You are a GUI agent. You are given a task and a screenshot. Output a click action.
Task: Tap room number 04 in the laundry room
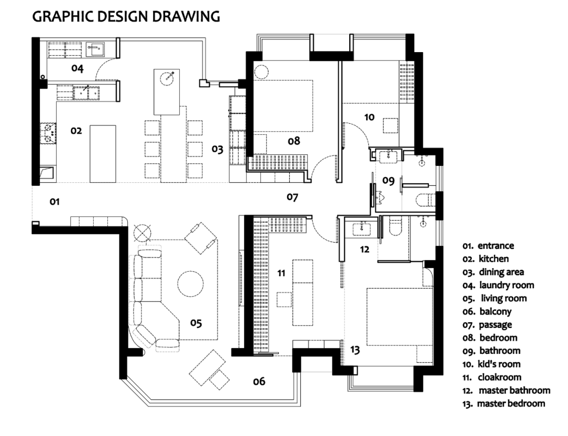pyautogui.click(x=77, y=68)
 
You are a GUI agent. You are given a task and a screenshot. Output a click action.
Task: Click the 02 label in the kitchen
pyautogui.click(x=76, y=131)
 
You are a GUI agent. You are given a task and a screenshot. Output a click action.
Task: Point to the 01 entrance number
pyautogui.click(x=54, y=201)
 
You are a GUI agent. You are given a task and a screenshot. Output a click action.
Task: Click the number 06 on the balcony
pyautogui.click(x=259, y=381)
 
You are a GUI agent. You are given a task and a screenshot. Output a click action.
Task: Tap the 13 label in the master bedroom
pyautogui.click(x=355, y=350)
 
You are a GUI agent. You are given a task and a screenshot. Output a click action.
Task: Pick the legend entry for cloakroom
pyautogui.click(x=492, y=377)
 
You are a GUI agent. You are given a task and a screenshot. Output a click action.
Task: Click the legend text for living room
pyautogui.click(x=494, y=298)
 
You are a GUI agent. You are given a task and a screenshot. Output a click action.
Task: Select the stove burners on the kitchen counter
pyautogui.click(x=48, y=132)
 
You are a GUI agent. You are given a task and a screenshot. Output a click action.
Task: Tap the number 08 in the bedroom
pyautogui.click(x=294, y=141)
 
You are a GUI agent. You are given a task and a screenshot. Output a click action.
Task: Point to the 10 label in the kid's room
pyautogui.click(x=369, y=117)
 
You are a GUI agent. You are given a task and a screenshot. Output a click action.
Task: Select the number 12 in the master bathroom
pyautogui.click(x=364, y=249)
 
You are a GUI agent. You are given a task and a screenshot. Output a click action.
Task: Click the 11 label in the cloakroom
pyautogui.click(x=281, y=273)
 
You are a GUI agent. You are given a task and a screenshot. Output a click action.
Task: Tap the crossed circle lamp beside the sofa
pyautogui.click(x=141, y=233)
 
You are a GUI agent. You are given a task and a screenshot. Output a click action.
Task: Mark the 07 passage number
pyautogui.click(x=292, y=197)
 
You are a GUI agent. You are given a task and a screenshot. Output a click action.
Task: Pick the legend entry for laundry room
pyautogui.click(x=498, y=285)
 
